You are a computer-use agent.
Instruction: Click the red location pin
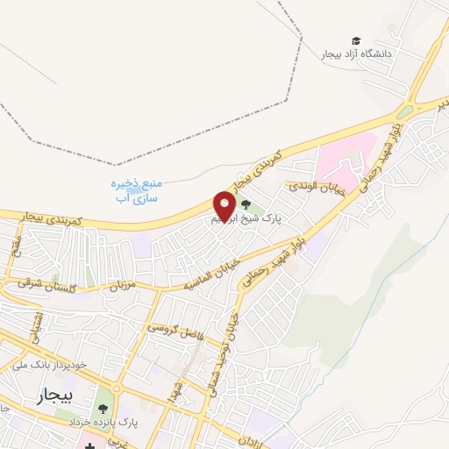click(224, 205)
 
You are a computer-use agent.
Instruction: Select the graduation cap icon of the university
click(355, 40)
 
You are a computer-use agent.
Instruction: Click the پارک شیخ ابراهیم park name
click(253, 219)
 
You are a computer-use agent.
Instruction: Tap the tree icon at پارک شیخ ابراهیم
click(244, 205)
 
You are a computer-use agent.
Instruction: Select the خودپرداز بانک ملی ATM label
click(53, 364)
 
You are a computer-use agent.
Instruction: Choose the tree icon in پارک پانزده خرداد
click(103, 408)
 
